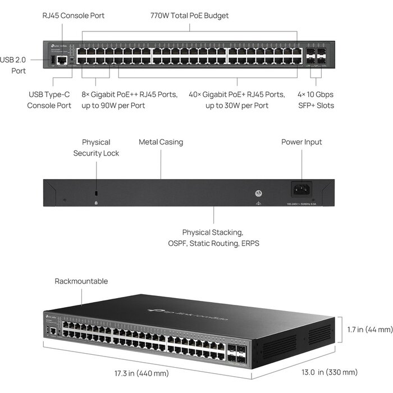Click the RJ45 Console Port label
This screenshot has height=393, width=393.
(x=74, y=16)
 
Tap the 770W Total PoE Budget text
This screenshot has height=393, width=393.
(x=190, y=16)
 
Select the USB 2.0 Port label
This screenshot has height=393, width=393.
(x=13, y=65)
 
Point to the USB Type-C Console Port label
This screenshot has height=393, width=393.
(x=49, y=99)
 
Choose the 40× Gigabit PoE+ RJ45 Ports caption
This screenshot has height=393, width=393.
(x=236, y=99)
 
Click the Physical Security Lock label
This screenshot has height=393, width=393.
(x=96, y=148)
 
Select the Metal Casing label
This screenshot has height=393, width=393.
(x=161, y=142)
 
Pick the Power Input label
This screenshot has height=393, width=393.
(x=301, y=142)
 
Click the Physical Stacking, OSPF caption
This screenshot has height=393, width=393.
(x=213, y=237)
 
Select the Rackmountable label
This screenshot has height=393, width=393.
(x=81, y=281)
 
